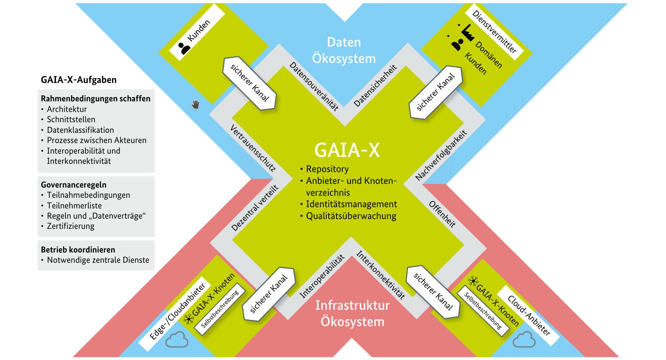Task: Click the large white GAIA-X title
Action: click(x=347, y=150)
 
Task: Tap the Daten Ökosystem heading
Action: click(x=344, y=50)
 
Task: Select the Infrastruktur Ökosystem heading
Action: click(x=352, y=313)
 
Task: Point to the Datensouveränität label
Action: click(x=314, y=87)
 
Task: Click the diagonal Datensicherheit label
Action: click(x=375, y=86)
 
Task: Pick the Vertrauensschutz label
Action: click(x=253, y=148)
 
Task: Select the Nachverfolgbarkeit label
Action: click(x=441, y=155)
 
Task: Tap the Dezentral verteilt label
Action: click(x=255, y=208)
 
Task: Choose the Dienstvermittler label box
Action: click(x=494, y=32)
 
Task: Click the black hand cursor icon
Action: click(x=196, y=105)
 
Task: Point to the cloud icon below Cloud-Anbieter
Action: click(x=524, y=340)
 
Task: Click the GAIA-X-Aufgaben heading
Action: click(x=78, y=80)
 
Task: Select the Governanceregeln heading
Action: click(x=74, y=185)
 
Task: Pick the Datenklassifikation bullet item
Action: click(x=80, y=130)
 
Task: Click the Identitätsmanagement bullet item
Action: click(x=351, y=204)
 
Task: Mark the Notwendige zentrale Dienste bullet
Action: click(x=98, y=260)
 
